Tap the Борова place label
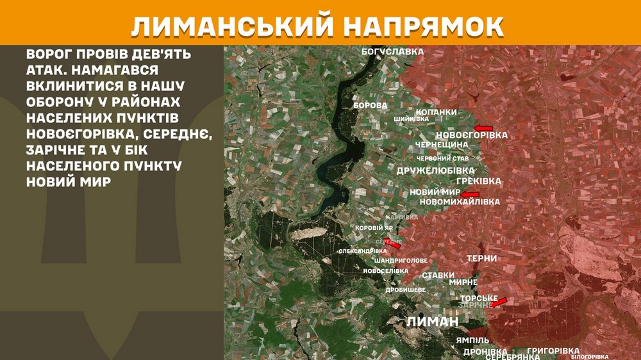click(370, 105)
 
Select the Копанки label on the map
click(437, 112)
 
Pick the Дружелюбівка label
click(436, 170)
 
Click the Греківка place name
click(479, 181)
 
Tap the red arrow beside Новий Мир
click(470, 194)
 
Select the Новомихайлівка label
click(459, 202)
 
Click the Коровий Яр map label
click(375, 228)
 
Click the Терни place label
click(482, 258)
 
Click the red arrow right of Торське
click(499, 302)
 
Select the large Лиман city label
click(433, 322)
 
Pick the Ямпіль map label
click(473, 340)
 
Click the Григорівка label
click(553, 351)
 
